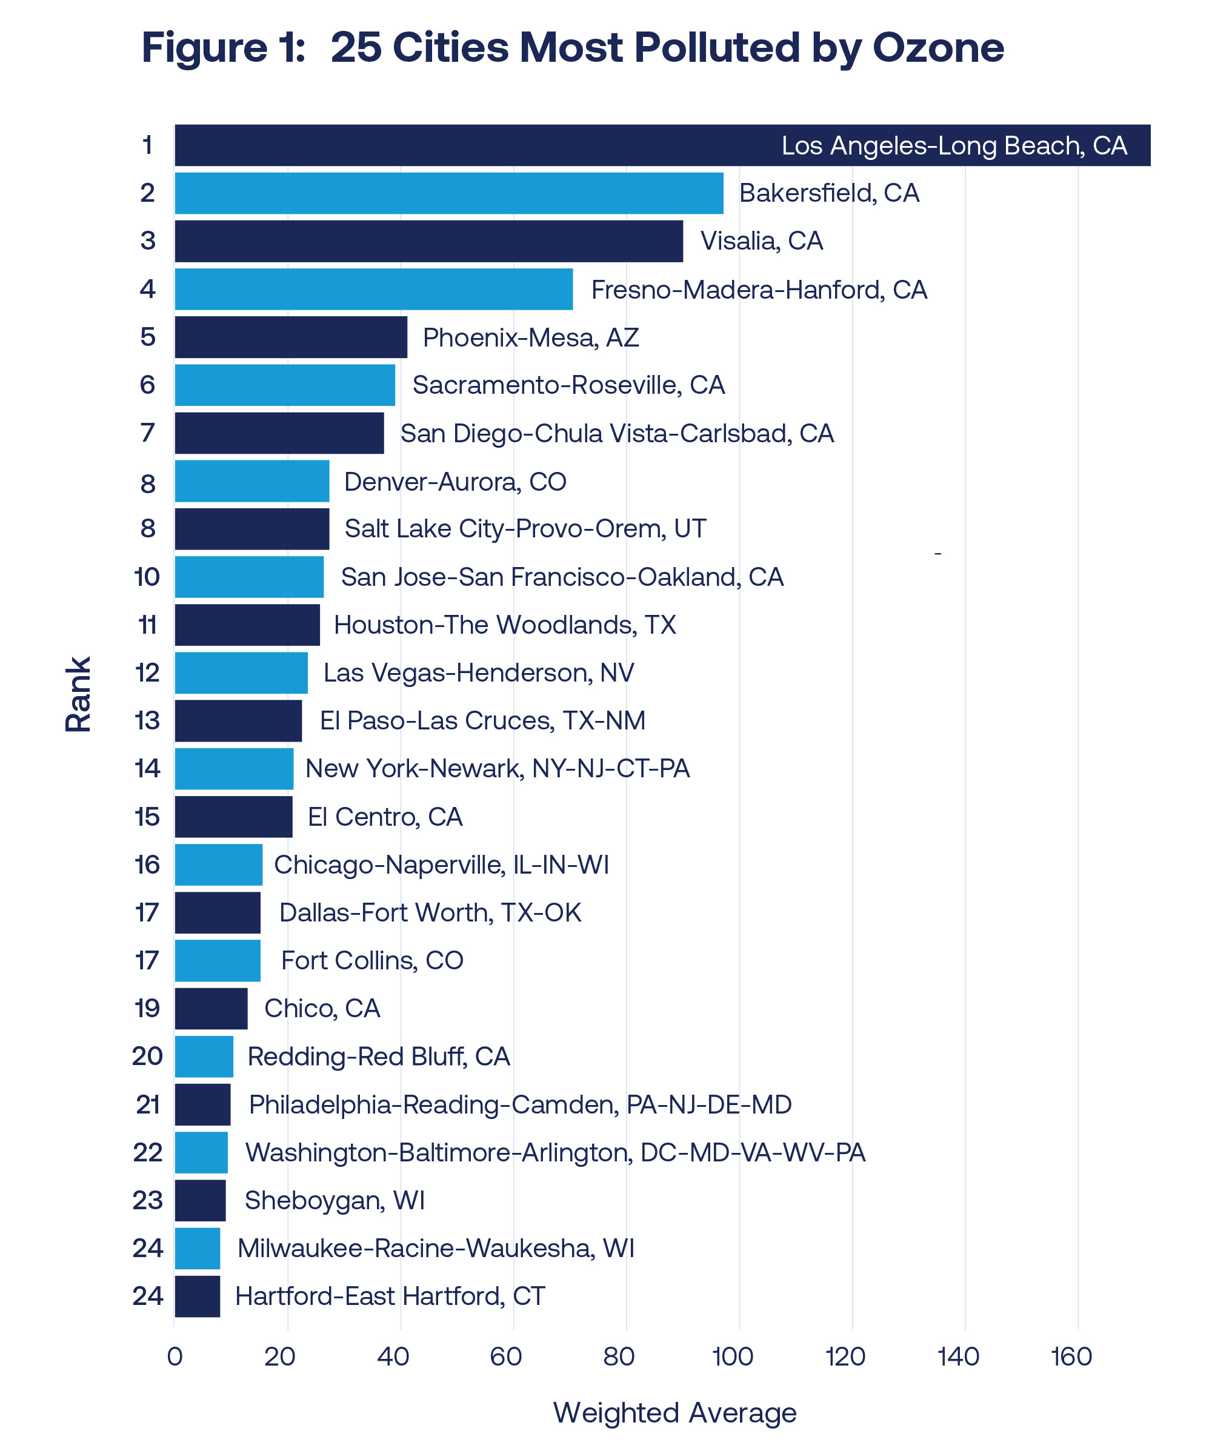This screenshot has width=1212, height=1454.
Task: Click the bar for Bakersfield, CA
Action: (449, 193)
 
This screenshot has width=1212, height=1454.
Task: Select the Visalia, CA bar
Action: (428, 241)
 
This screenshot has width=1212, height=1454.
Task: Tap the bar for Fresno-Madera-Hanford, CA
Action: (374, 289)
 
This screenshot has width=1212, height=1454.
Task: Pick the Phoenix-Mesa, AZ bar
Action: (291, 337)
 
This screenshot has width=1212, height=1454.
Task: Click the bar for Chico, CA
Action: (211, 1008)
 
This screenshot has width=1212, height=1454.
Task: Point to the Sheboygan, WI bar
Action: (200, 1200)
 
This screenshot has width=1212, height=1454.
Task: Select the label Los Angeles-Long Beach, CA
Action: (954, 145)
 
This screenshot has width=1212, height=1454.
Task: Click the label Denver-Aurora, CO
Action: (455, 482)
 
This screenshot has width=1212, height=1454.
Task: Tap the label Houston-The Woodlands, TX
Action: (504, 625)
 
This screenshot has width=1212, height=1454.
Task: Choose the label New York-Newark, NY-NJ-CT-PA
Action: (498, 769)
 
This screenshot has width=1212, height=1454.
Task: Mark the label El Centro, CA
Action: (385, 817)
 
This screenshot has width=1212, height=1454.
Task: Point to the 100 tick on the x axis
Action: (733, 1356)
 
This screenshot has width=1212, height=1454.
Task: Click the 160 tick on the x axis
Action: (1071, 1356)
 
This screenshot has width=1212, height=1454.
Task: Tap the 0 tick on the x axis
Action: (175, 1356)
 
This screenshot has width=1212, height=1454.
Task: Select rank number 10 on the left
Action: (147, 577)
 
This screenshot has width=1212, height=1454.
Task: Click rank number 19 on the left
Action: (147, 1008)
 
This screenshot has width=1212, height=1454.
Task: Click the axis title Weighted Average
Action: (674, 1412)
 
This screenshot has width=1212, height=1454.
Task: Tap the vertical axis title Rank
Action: (78, 694)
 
